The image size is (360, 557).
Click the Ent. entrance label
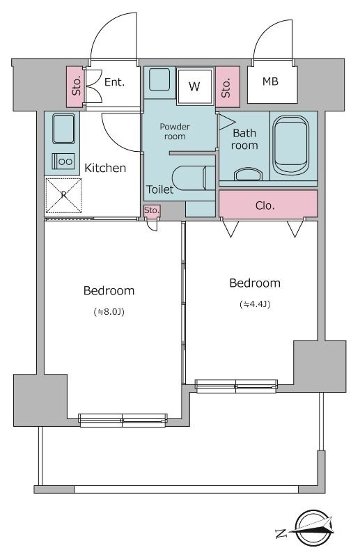[x=114, y=82]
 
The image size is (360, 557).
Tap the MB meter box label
[x=270, y=81]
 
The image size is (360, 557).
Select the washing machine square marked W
[x=196, y=86]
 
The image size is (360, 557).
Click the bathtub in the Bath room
[x=290, y=145]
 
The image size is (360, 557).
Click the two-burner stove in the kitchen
[x=63, y=162]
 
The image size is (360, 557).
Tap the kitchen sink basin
[x=63, y=128]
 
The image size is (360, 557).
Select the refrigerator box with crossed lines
[x=63, y=196]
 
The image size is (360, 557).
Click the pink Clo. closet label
[x=265, y=205]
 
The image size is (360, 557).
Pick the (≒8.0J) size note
[x=109, y=312]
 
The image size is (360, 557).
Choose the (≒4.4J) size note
[x=255, y=304]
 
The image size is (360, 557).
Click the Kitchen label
[x=105, y=168]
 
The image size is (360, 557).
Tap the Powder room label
[x=175, y=132]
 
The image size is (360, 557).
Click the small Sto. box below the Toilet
[x=152, y=211]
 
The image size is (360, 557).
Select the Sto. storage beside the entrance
[x=77, y=86]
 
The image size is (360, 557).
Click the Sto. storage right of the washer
[x=228, y=86]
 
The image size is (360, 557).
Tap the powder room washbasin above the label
[x=159, y=79]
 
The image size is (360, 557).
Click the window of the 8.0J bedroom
[x=123, y=420]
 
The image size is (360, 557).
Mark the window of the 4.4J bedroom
[x=236, y=386]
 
